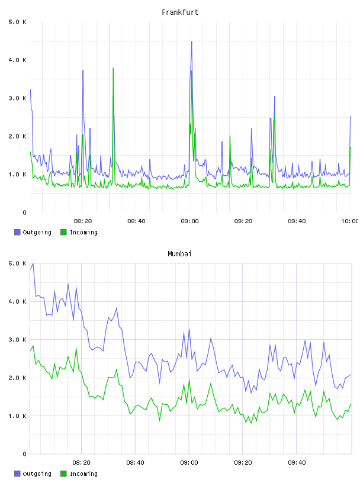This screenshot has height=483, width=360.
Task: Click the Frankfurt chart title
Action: (x=180, y=12)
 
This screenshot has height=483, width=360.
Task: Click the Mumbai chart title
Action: (x=179, y=253)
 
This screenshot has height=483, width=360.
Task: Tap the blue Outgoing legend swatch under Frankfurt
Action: (x=17, y=232)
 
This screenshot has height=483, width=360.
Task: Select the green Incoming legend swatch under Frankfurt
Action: (x=63, y=232)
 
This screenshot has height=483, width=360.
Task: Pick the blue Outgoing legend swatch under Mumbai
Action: (x=17, y=474)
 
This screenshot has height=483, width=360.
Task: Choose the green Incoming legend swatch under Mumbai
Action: (x=63, y=474)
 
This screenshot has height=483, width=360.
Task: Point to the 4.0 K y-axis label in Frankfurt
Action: (x=17, y=60)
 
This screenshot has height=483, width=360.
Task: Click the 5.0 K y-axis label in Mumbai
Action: (x=17, y=263)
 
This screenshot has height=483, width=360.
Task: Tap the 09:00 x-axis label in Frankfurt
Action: (x=189, y=221)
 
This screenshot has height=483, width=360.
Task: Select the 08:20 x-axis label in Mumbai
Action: (x=81, y=462)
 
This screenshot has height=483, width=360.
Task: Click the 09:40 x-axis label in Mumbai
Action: (x=297, y=462)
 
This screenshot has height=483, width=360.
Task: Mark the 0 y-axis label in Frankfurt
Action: (x=25, y=212)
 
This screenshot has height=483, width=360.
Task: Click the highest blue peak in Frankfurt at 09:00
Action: (x=192, y=41)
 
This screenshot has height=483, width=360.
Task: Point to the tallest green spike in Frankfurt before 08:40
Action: (x=113, y=69)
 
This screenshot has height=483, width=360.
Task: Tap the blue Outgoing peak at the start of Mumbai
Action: (x=33, y=264)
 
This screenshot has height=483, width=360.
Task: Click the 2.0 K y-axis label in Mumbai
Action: (x=17, y=378)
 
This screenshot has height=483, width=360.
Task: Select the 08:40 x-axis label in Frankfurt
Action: (x=136, y=221)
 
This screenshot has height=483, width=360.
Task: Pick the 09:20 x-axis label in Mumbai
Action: (x=243, y=462)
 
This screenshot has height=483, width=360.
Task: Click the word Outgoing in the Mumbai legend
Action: (x=37, y=474)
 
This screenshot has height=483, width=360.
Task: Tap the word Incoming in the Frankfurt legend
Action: (x=83, y=232)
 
